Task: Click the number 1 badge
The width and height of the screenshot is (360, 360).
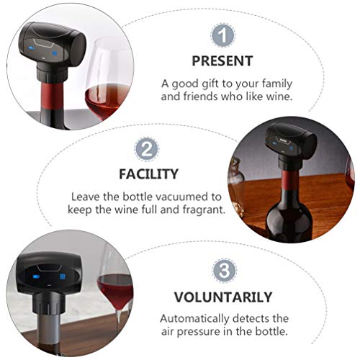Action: (x=222, y=35)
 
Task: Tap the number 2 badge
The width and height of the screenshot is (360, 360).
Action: (x=147, y=149)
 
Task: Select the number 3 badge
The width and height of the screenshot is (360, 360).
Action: (x=225, y=271)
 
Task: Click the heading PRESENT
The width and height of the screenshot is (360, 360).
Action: (x=222, y=61)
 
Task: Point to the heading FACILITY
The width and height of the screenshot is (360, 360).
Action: (x=149, y=174)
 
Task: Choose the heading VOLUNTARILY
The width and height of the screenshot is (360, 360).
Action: (x=223, y=297)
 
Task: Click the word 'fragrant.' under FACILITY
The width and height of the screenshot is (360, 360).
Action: (x=204, y=210)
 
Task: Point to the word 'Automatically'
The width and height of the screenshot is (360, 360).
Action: (x=194, y=319)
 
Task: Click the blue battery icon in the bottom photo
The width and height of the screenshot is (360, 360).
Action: (x=37, y=276)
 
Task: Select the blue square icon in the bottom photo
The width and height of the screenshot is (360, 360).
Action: (x=63, y=276)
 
